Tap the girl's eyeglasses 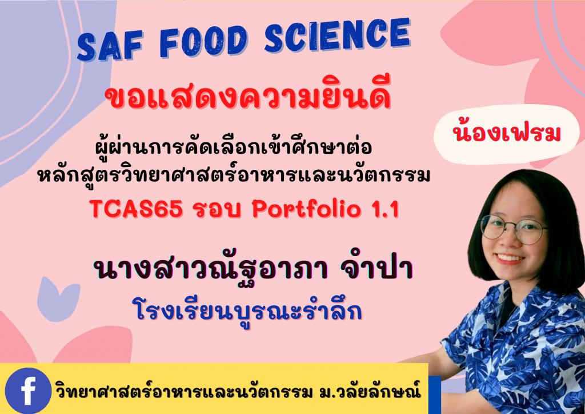(514, 229)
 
